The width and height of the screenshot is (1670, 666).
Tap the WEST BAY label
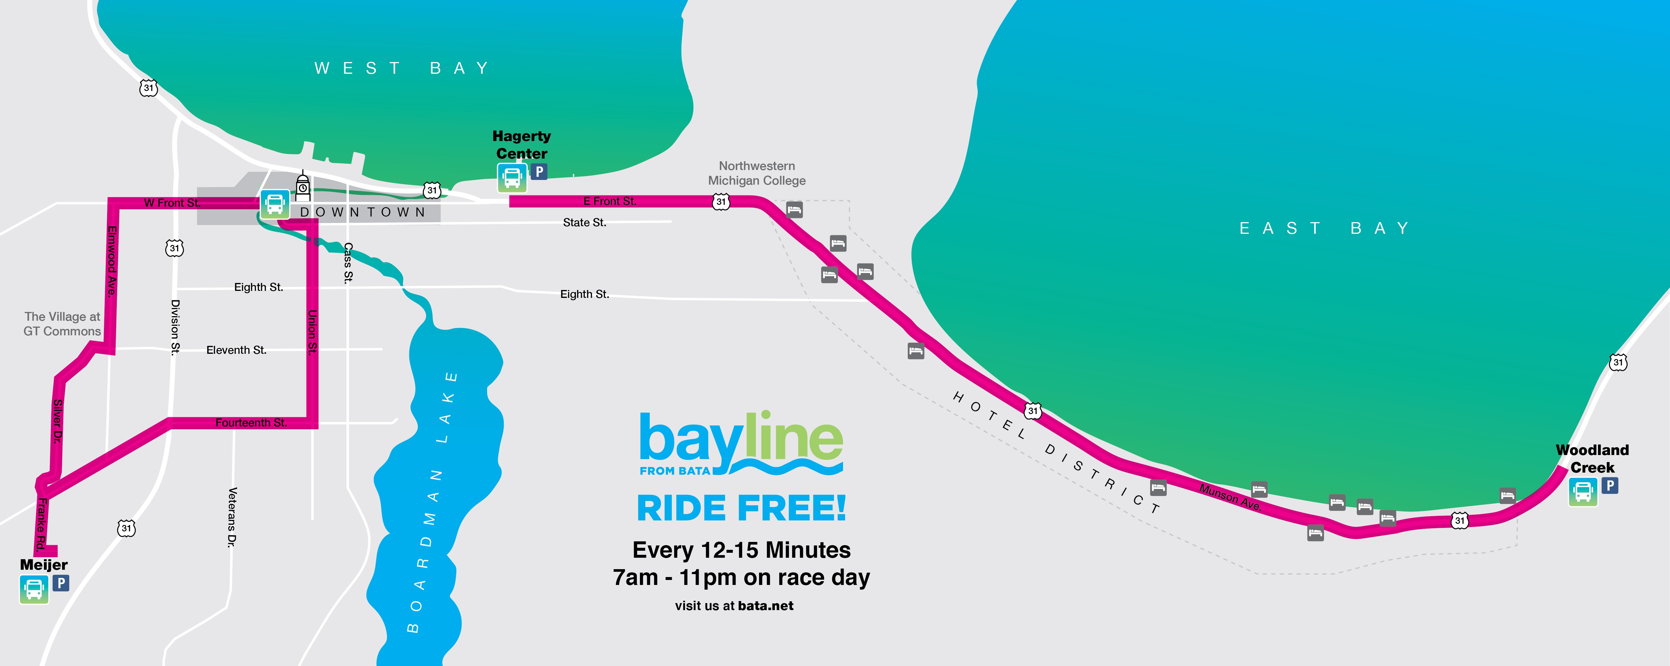pos(402,68)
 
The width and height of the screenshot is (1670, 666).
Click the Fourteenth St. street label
pos(251,423)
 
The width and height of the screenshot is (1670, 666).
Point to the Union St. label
pos(312,332)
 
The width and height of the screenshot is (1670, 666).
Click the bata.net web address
pos(765,606)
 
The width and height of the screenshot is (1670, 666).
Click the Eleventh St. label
pos(236,350)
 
